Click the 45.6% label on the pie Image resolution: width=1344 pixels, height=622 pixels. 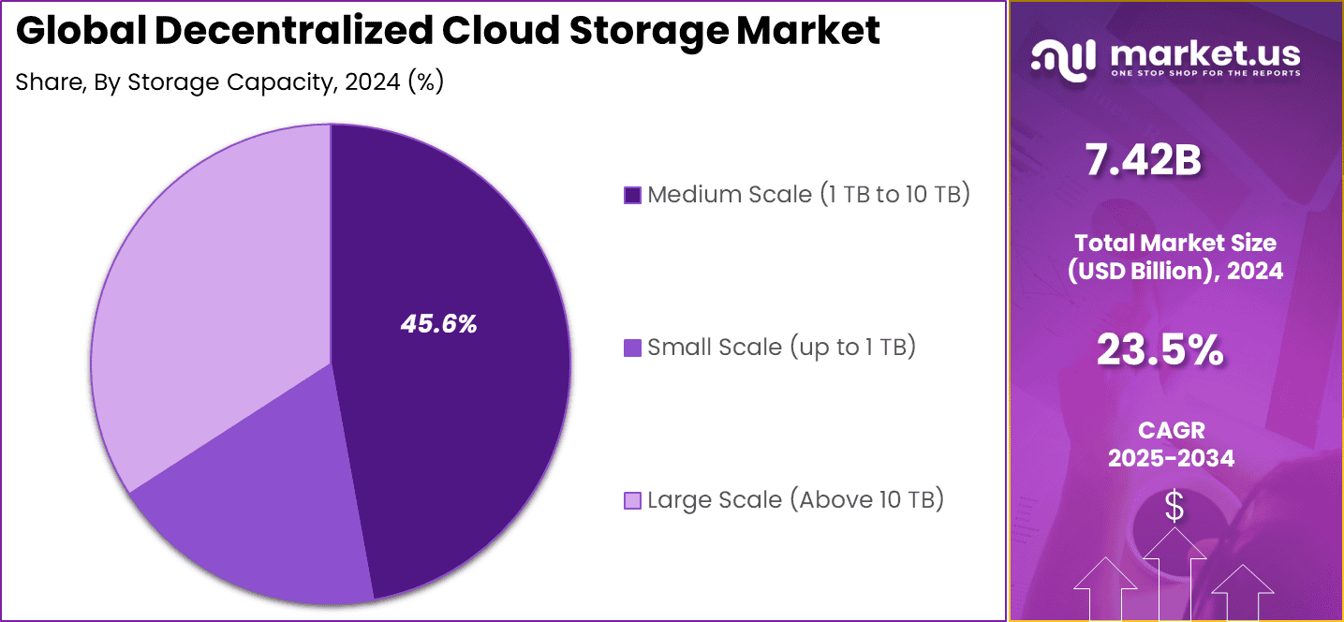[x=438, y=324]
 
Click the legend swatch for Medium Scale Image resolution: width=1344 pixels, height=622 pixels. [x=632, y=196]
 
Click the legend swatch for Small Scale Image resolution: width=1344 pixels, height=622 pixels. [x=632, y=348]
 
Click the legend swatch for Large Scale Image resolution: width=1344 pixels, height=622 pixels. [x=632, y=501]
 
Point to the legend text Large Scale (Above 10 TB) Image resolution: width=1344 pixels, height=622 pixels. [x=795, y=499]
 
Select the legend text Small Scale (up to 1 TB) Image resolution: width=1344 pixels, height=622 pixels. [x=781, y=348]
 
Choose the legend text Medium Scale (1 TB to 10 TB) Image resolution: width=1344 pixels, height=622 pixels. [x=808, y=195]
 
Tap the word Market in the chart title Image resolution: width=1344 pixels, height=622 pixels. [x=808, y=32]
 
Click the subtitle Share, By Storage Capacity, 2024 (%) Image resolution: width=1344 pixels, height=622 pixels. [x=229, y=82]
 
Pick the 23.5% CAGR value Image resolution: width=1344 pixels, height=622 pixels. [x=1160, y=351]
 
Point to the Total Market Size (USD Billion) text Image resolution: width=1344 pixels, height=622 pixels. [x=1175, y=257]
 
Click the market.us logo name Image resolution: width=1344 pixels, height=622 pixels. [x=1204, y=53]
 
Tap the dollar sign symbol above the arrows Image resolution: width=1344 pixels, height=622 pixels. [x=1174, y=507]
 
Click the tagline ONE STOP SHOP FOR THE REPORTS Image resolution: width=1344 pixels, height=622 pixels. [x=1205, y=73]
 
